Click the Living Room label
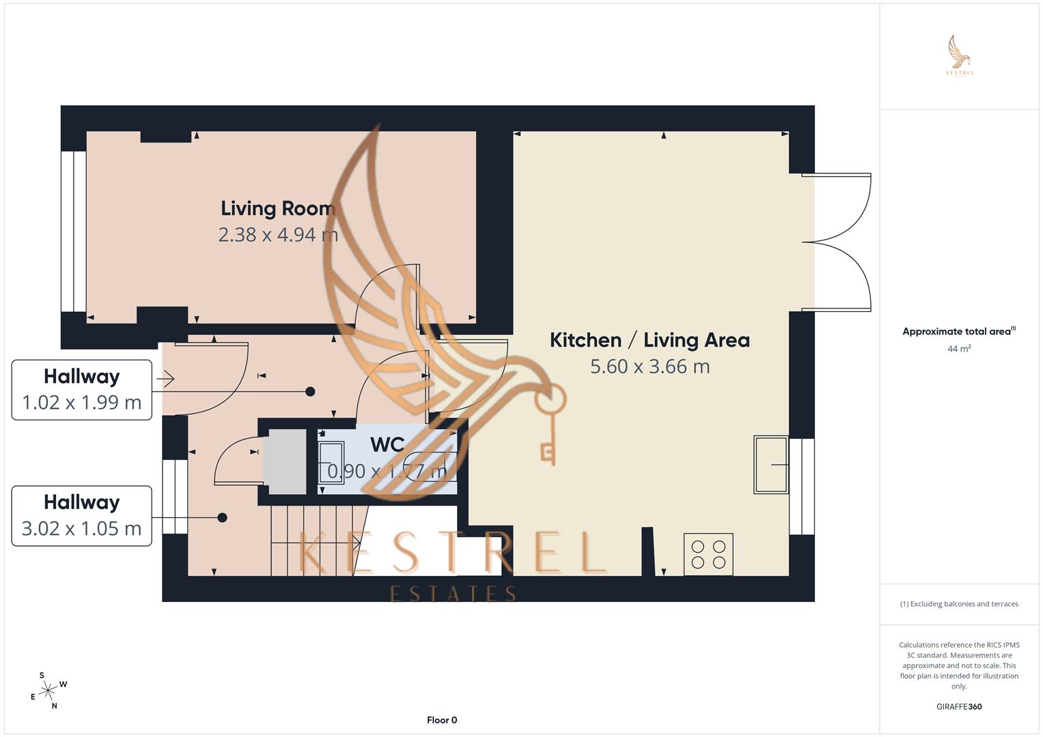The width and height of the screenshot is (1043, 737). click(x=277, y=208)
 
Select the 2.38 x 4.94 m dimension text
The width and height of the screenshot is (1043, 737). click(x=277, y=235)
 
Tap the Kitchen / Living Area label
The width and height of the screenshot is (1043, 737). click(x=650, y=340)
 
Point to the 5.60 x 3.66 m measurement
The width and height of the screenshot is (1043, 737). click(x=650, y=366)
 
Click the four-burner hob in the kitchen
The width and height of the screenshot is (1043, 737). click(x=708, y=554)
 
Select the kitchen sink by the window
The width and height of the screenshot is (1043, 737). click(x=770, y=464)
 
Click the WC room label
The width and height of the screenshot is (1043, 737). click(x=387, y=445)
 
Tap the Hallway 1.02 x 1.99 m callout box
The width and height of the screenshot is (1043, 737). click(x=82, y=390)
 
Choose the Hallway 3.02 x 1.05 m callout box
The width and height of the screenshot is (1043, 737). click(x=82, y=516)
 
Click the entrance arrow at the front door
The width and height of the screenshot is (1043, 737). click(x=166, y=377)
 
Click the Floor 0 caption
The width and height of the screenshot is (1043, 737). click(x=442, y=720)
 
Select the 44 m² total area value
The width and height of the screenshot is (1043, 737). click(x=959, y=349)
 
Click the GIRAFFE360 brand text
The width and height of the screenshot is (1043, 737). click(x=959, y=707)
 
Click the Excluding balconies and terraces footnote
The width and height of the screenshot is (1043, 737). click(x=959, y=604)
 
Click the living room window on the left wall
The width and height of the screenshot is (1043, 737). click(x=74, y=231)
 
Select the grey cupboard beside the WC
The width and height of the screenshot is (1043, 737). click(x=285, y=461)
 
